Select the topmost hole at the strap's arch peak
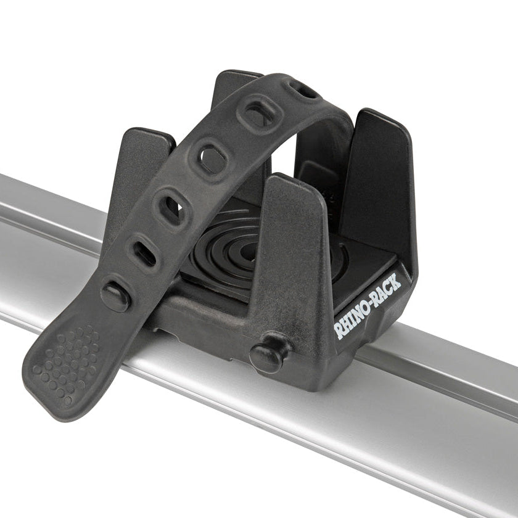click(x=302, y=90)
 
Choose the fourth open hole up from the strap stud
click(x=257, y=115)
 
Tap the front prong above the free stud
click(x=295, y=247)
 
